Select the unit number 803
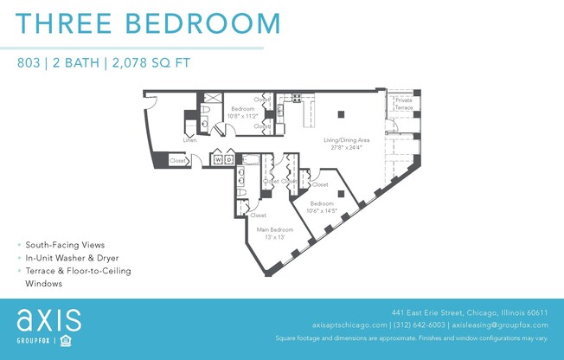click(30, 62)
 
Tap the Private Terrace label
click(403, 103)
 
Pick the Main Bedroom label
click(275, 229)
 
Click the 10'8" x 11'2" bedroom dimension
click(243, 115)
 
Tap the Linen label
click(189, 140)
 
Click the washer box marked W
click(218, 160)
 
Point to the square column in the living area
click(342, 112)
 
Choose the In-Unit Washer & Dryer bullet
click(72, 258)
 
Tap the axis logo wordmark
click(49, 320)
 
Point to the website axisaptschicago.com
click(349, 325)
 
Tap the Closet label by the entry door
click(177, 161)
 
